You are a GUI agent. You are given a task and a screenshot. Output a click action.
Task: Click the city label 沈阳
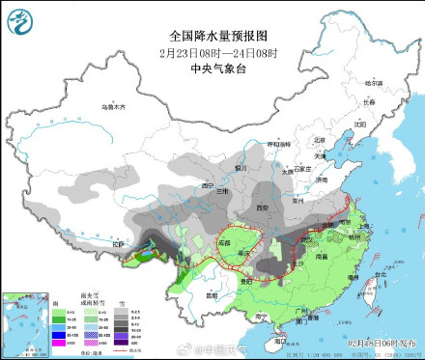tap(360, 124)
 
